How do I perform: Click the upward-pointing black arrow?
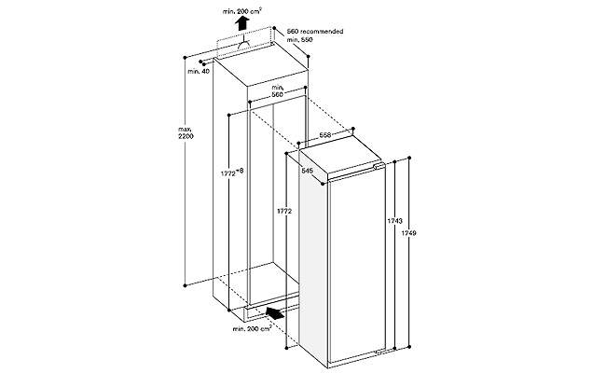[x=242, y=23]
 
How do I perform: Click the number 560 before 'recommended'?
[x=293, y=31]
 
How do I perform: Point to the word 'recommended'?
[x=322, y=31]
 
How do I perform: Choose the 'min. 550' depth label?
[x=299, y=39]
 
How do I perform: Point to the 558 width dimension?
[x=325, y=134]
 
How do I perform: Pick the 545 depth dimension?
[x=307, y=171]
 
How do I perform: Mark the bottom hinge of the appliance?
[x=378, y=352]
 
